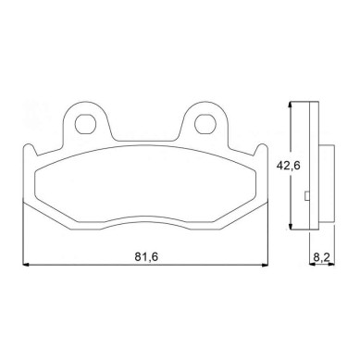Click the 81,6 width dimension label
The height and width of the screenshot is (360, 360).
pos(146,256)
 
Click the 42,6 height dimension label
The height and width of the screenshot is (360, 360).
pos(288,166)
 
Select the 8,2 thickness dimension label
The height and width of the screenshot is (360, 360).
pos(322,256)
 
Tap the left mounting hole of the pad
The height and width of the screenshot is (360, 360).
pos(85,124)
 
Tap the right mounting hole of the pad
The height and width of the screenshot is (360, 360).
pos(205,124)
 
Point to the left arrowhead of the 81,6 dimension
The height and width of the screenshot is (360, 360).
pos(26,265)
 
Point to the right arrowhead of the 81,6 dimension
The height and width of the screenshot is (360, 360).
pos(265,265)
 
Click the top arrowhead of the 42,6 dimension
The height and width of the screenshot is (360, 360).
pos(290,105)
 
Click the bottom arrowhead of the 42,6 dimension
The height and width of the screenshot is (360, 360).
pos(290,226)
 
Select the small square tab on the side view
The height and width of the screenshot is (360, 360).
pos(307,196)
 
